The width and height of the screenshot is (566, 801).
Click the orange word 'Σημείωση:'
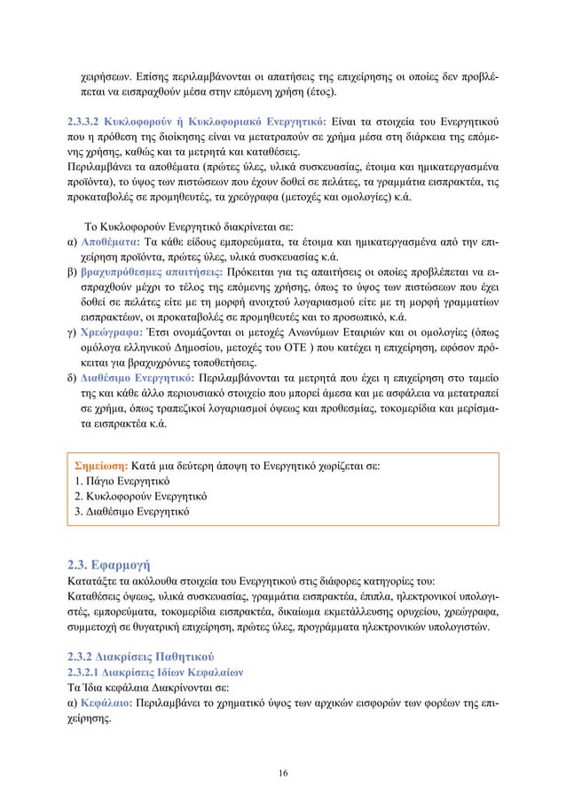102,464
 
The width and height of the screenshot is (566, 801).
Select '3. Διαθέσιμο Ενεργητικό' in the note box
133,512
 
